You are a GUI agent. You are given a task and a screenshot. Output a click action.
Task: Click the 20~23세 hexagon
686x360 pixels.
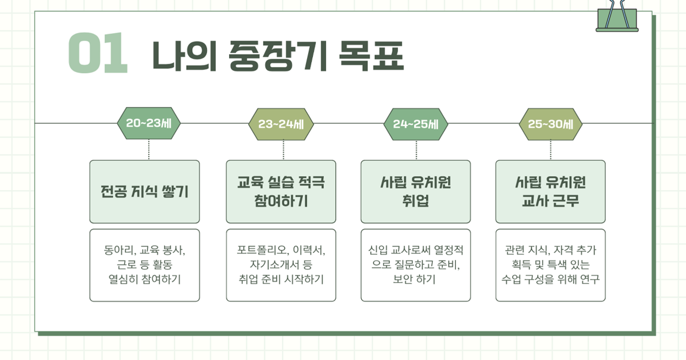pyautogui.click(x=149, y=123)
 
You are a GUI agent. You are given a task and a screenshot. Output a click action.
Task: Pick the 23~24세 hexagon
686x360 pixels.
pyautogui.click(x=281, y=124)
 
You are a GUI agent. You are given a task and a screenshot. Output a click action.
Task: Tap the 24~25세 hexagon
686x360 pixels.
pyautogui.click(x=416, y=124)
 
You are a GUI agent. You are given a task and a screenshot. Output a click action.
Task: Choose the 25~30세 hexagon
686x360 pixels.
pyautogui.click(x=550, y=124)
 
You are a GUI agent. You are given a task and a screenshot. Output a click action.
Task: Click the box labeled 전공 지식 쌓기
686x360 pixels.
pyautogui.click(x=145, y=192)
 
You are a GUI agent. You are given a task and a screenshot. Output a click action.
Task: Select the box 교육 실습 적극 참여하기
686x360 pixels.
pyautogui.click(x=281, y=192)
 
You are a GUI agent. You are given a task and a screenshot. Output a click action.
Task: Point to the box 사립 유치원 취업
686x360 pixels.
pyautogui.click(x=416, y=192)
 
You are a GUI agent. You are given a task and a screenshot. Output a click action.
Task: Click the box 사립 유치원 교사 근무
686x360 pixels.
pyautogui.click(x=550, y=192)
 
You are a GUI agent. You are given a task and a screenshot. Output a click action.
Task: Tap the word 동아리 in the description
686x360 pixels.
pyautogui.click(x=120, y=250)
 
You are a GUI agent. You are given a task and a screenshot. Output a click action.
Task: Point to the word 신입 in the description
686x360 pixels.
pyautogui.click(x=378, y=250)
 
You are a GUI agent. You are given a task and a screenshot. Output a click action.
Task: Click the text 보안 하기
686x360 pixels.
pyautogui.click(x=414, y=279)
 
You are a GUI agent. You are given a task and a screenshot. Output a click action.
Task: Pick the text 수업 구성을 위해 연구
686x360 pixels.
pyautogui.click(x=550, y=279)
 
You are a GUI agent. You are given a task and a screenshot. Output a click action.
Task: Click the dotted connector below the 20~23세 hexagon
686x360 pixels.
pyautogui.click(x=149, y=149)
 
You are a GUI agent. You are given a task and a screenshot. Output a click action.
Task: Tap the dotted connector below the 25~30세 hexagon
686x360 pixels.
pyautogui.click(x=550, y=150)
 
